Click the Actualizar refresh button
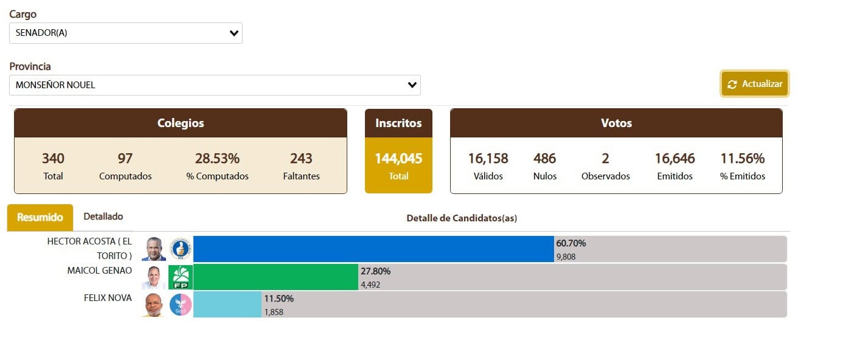(755, 84)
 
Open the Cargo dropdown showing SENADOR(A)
(125, 33)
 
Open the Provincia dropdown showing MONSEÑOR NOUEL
(215, 85)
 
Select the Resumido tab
(40, 217)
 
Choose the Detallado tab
(103, 216)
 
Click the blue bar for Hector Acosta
(373, 249)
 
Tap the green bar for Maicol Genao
(276, 277)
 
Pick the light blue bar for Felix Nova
(227, 304)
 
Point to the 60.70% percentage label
(571, 243)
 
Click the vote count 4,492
(370, 284)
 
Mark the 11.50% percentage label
(279, 299)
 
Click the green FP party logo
(181, 277)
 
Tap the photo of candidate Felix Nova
(153, 305)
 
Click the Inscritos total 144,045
(398, 159)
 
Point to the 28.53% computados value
(217, 159)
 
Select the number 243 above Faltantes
(301, 159)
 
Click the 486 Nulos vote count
(544, 159)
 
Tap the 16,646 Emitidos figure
(674, 159)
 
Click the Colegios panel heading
(181, 123)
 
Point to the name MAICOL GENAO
(100, 271)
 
